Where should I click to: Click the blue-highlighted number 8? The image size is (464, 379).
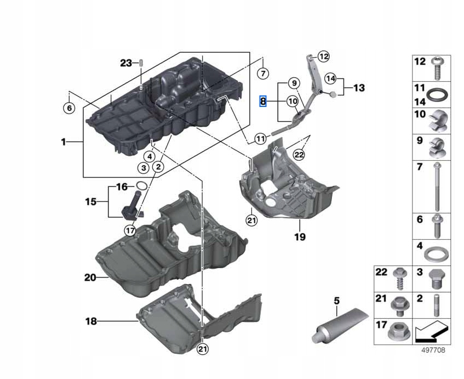263,101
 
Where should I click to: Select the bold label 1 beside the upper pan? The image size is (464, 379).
64,142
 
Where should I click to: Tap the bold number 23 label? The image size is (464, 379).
126,63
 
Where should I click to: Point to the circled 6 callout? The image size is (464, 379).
68,108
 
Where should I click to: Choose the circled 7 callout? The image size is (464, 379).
263,73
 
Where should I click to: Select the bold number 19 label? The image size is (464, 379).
300,237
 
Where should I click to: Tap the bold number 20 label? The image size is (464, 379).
90,278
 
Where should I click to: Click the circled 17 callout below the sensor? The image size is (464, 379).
130,230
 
